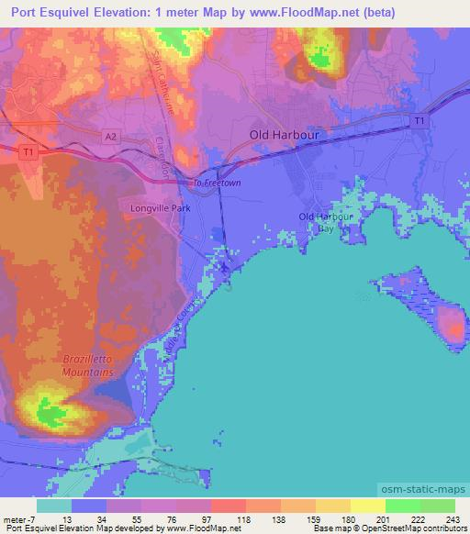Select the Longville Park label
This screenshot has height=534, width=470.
tap(156, 207)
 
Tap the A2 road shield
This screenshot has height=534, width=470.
tap(110, 134)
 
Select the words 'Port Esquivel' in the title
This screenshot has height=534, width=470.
tap(46, 14)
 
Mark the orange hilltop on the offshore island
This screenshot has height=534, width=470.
tap(451, 323)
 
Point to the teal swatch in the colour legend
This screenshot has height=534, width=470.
tap(53, 506)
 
